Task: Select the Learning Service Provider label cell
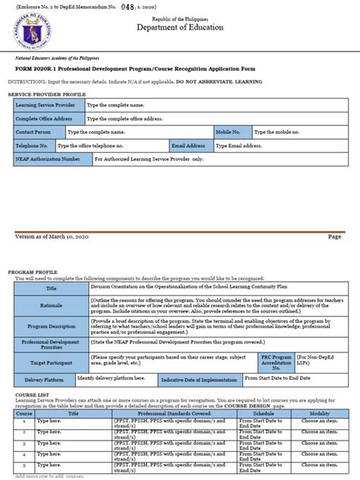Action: (x=47, y=105)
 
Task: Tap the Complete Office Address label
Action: (x=47, y=118)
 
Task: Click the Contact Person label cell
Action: (x=39, y=131)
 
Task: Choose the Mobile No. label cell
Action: (x=232, y=131)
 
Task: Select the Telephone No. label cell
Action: (x=33, y=145)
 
